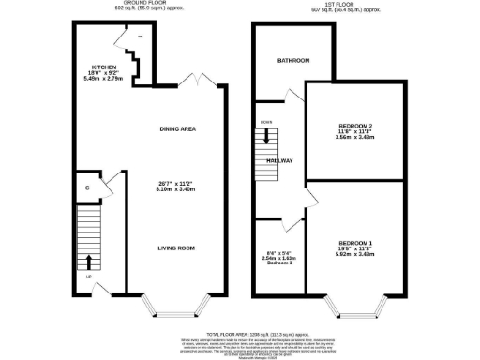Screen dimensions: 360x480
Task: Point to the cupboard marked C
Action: click(86, 187)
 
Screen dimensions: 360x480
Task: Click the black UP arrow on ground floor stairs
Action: click(90, 262)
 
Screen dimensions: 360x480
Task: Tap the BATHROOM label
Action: click(292, 61)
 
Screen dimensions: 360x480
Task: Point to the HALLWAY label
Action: click(281, 161)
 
